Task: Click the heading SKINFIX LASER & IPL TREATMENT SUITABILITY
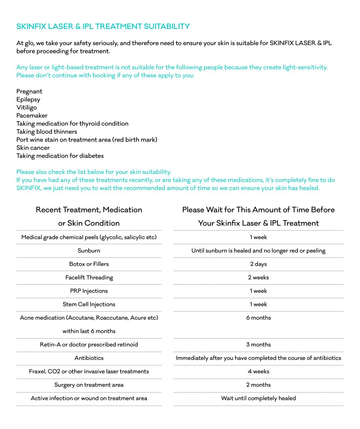[103, 26]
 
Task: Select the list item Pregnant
[29, 92]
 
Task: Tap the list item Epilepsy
[28, 99]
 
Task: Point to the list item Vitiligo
[26, 108]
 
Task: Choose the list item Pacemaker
[32, 115]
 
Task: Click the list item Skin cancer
[33, 148]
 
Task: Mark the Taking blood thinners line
[46, 132]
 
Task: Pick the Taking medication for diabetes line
[60, 156]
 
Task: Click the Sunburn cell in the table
[89, 251]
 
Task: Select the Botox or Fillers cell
[89, 264]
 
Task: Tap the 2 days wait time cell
[259, 264]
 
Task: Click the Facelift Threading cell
[89, 277]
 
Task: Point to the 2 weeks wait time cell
[259, 277]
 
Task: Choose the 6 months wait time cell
[259, 318]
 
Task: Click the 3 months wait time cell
[259, 345]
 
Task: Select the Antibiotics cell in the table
[89, 358]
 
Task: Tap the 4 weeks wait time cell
[259, 371]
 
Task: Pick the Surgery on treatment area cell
[89, 385]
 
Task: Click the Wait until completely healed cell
[259, 398]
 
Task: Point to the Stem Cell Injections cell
[89, 304]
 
